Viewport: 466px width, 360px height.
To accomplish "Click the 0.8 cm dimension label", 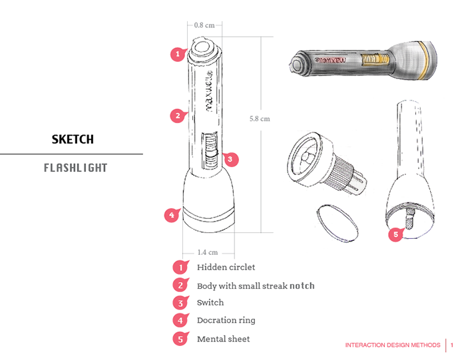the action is pos(204,25).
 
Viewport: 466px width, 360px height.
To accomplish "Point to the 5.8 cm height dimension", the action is pos(260,119).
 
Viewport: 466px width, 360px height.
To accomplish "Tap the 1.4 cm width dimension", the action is pos(208,252).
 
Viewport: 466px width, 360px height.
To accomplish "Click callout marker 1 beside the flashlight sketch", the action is pos(178,54).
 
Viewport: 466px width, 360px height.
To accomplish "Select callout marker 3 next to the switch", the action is pos(230,159).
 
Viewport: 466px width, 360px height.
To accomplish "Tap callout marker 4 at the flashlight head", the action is pos(172,215).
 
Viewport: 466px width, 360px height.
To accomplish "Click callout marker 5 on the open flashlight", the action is pos(396,234).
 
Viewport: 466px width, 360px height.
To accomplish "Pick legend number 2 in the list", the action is pos(180,285).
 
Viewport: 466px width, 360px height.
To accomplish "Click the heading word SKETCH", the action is pos(73,139).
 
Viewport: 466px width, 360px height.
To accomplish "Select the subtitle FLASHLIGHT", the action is pos(75,168).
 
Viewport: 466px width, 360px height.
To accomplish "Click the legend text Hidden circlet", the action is pos(226,267).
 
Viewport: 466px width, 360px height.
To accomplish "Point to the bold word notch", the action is pos(302,285).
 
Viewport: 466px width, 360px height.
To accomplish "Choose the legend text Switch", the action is pos(210,302).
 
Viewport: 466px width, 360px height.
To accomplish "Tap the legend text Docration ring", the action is pos(226,320).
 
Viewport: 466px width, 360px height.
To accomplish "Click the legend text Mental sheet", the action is pos(223,339).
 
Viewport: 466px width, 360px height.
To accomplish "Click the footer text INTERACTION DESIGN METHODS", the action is pos(393,345).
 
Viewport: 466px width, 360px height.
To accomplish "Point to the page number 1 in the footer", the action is pos(452,345).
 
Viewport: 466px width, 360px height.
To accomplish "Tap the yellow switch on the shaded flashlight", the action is pos(375,59).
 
